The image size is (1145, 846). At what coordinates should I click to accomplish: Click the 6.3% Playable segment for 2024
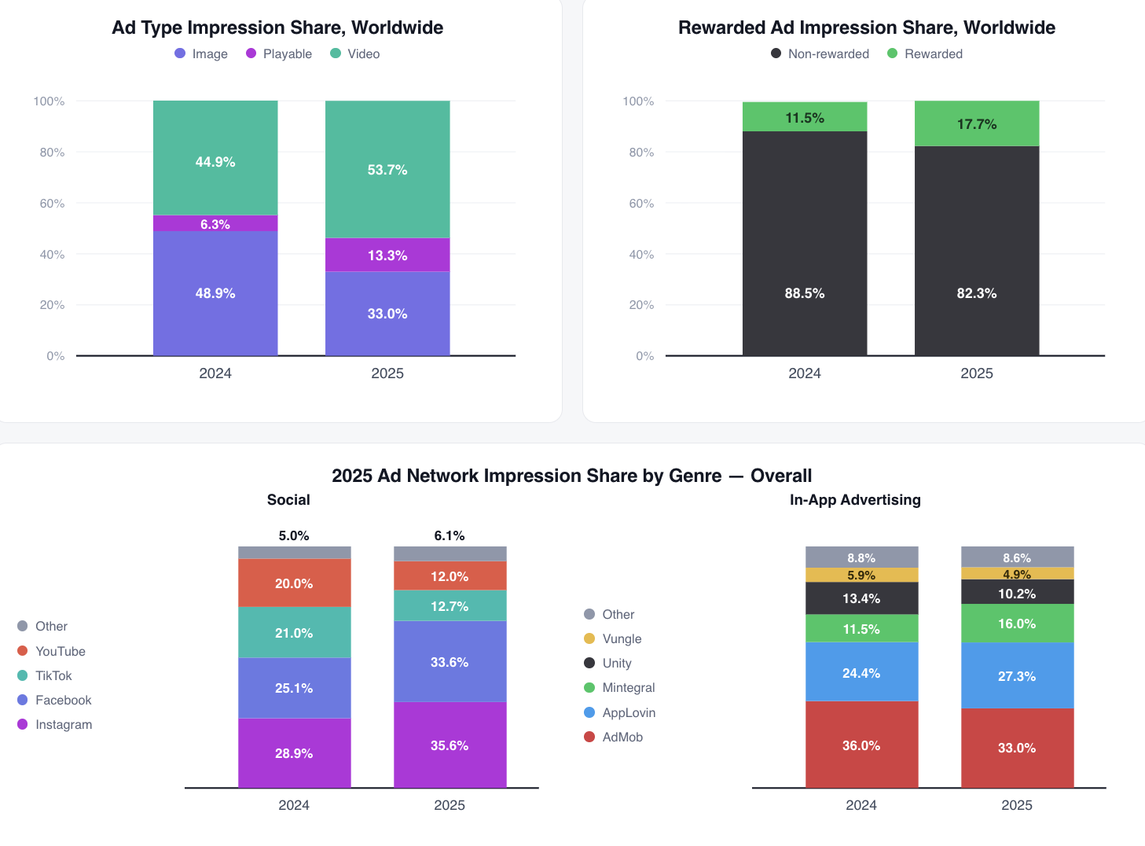pyautogui.click(x=215, y=223)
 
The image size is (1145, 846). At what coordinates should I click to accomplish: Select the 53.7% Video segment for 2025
pyautogui.click(x=387, y=169)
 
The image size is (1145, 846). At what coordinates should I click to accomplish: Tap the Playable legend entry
pyautogui.click(x=279, y=53)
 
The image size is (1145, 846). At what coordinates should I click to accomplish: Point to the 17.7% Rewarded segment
pyautogui.click(x=977, y=123)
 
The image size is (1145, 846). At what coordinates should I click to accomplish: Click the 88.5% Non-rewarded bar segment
pyautogui.click(x=805, y=243)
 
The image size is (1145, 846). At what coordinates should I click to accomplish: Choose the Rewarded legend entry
pyautogui.click(x=925, y=53)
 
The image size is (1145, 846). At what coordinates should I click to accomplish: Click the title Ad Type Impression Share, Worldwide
pyautogui.click(x=277, y=28)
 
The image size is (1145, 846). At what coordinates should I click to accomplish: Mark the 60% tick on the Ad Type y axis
pyautogui.click(x=52, y=204)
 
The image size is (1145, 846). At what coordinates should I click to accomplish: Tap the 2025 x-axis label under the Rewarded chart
pyautogui.click(x=977, y=373)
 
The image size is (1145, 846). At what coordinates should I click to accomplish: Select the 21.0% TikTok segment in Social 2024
pyautogui.click(x=294, y=632)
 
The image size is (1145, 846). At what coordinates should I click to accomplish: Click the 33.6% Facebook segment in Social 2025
pyautogui.click(x=450, y=661)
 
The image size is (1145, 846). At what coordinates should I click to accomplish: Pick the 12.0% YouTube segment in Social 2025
pyautogui.click(x=450, y=576)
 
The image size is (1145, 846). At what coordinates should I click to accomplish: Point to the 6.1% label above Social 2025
pyautogui.click(x=450, y=535)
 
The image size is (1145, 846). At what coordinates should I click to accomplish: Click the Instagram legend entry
pyautogui.click(x=55, y=724)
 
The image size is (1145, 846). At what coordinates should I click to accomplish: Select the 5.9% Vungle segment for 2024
pyautogui.click(x=861, y=575)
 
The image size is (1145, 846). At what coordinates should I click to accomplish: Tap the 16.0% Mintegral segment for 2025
pyautogui.click(x=1018, y=623)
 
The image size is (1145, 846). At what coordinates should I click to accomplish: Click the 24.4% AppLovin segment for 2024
pyautogui.click(x=861, y=671)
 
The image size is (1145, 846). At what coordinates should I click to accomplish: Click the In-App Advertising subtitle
pyautogui.click(x=855, y=499)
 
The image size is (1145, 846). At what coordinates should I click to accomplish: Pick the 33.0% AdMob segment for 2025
pyautogui.click(x=1018, y=748)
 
